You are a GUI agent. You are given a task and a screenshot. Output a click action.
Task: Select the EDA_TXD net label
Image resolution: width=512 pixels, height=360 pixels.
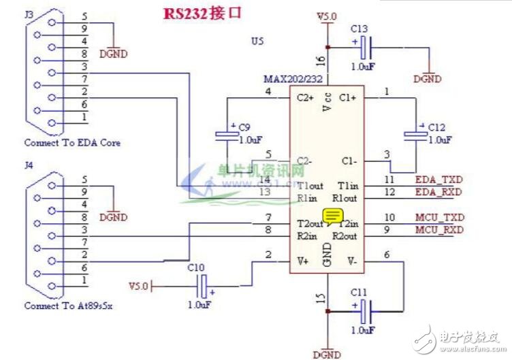439,180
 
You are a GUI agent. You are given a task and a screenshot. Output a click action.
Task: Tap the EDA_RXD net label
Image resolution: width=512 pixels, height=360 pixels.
439,193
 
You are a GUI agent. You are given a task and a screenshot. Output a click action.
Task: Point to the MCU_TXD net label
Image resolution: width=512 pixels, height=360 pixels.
439,218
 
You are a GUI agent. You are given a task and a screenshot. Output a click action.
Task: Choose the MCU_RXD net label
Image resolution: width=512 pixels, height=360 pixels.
439,230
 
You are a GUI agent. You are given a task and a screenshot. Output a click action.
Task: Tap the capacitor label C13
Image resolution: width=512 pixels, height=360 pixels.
359,29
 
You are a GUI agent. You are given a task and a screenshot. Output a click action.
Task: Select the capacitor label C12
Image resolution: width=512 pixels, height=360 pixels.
436,127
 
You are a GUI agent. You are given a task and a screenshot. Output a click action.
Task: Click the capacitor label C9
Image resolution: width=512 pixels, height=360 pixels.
245,127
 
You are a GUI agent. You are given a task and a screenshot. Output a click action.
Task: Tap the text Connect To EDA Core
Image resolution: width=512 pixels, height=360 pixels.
72,143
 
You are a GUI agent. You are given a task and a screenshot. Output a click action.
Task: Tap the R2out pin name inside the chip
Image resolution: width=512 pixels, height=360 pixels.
346,236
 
